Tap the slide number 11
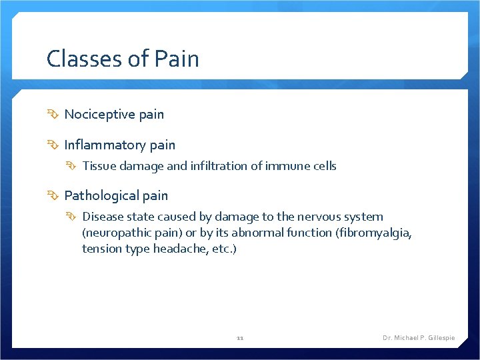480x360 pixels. coord(240,338)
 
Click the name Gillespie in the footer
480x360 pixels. coord(439,338)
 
